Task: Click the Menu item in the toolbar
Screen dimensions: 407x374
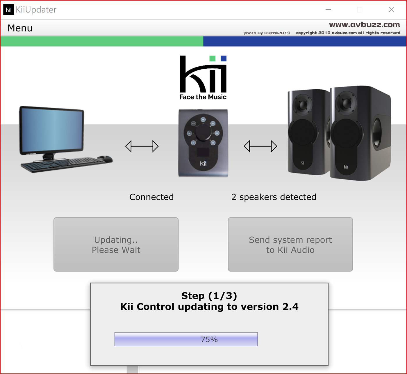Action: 20,28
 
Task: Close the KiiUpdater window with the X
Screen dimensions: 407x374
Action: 391,10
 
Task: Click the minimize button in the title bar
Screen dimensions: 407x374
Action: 328,10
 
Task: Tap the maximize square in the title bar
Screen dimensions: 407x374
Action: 360,10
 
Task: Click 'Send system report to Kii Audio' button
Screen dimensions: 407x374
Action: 290,244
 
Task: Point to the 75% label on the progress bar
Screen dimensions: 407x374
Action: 209,339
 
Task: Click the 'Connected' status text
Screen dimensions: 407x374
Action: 151,197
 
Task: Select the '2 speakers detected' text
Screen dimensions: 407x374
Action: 274,197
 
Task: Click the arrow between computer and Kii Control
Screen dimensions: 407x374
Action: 142,146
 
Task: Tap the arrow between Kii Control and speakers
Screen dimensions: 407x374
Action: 260,146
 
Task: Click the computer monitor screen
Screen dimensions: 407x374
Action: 52,130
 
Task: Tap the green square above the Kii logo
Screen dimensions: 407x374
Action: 212,59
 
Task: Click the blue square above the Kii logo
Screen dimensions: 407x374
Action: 223,59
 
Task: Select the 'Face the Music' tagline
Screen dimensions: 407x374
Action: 203,97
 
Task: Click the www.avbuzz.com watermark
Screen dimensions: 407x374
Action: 364,25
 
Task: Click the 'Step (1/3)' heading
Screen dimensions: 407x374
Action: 209,296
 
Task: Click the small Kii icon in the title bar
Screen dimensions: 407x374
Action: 9,10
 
